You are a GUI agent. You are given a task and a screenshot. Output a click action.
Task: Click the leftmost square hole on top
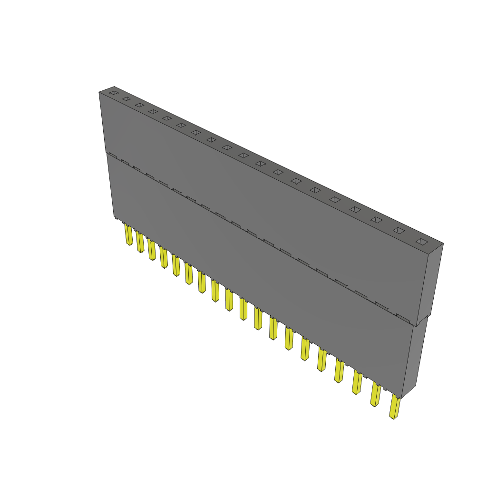point(113,92)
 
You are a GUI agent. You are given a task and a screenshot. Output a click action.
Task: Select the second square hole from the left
point(126,98)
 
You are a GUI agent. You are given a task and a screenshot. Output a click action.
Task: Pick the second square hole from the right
point(399,231)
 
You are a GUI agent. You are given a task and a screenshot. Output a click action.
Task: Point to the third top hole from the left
point(139,105)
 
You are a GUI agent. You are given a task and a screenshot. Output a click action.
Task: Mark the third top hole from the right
point(376,220)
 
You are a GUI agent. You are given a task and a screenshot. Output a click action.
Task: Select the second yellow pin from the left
point(140,243)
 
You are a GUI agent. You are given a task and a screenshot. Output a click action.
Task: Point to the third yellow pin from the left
point(152,250)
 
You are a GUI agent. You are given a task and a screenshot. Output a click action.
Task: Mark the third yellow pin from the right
point(357,383)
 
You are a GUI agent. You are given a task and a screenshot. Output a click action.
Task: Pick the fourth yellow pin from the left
point(164,258)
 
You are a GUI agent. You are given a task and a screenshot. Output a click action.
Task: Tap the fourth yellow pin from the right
point(339,371)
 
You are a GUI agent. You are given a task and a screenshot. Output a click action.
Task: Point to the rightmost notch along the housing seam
point(403,318)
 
